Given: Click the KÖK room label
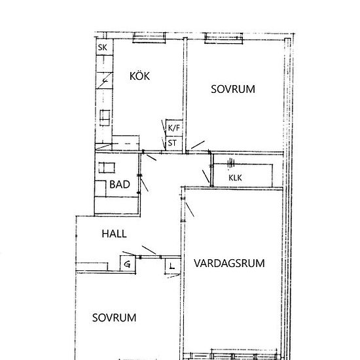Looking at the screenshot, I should point(139,77).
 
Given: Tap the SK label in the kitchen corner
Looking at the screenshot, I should point(102,48).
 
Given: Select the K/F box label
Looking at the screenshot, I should point(173,128).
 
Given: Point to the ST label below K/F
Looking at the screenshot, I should point(172,142).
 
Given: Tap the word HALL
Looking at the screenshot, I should point(114,234).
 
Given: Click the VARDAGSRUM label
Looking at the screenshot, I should point(229,264).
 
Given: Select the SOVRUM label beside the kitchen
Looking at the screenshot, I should point(233,88).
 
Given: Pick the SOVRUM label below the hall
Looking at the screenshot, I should point(114,317).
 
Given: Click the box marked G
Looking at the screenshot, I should point(127,264).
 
